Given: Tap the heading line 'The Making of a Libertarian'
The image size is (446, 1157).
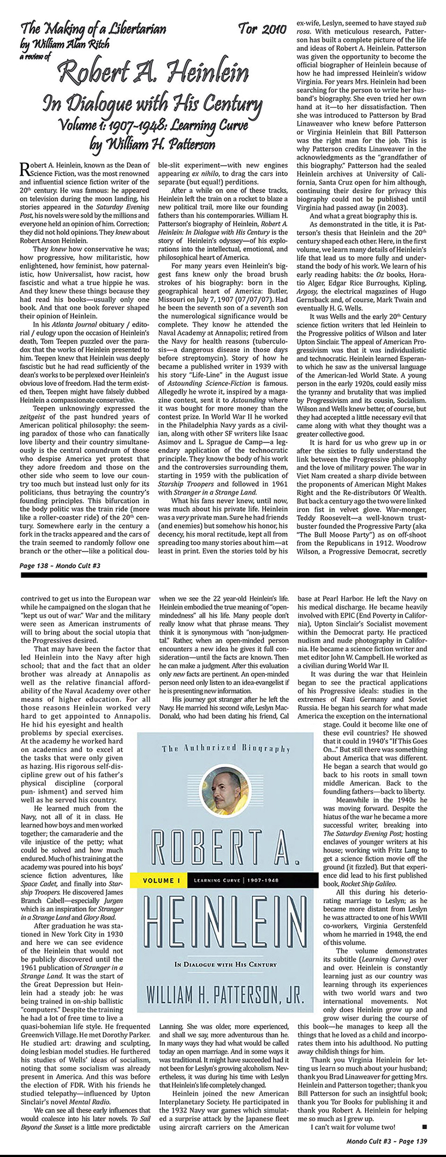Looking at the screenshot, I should (x=92, y=29).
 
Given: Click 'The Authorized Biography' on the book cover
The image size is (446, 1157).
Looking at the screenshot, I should (x=226, y=748).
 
